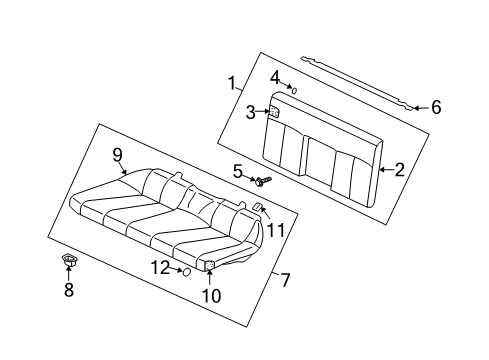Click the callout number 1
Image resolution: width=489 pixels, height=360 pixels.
[232, 83]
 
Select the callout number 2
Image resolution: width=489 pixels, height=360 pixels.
[399, 170]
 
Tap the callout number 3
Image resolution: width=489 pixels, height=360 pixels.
[251, 113]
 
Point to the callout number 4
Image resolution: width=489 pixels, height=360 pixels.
[274, 76]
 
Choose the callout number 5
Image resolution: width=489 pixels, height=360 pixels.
[238, 172]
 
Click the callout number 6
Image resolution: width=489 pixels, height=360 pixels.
[435, 107]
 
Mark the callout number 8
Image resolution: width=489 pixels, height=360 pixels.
[69, 290]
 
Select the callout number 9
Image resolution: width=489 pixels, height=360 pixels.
[117, 154]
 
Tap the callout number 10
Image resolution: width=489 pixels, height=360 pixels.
[210, 295]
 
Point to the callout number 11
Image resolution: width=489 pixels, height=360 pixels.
[276, 230]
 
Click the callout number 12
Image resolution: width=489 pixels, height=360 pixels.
[160, 267]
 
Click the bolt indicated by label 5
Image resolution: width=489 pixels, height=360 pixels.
[263, 181]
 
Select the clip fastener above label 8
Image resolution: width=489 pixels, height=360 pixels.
[69, 262]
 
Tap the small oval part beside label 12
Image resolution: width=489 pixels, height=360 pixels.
[185, 271]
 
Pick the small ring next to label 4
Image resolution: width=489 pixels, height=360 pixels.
[294, 89]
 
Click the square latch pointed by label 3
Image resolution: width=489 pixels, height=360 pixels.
[272, 112]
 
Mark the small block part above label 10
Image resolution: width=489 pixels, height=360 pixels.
[211, 265]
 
